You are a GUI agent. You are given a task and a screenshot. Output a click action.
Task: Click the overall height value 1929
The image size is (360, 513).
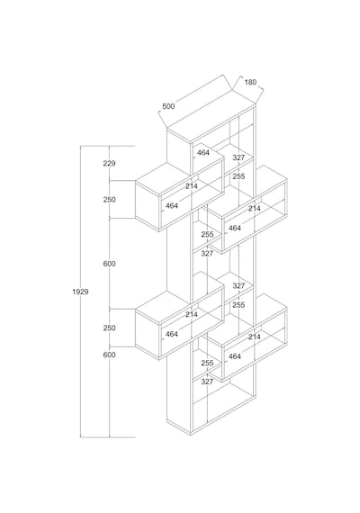tap(80, 292)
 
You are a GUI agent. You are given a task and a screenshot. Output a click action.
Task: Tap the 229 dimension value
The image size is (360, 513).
tap(109, 163)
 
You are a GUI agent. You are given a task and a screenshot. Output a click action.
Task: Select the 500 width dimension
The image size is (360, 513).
tap(168, 106)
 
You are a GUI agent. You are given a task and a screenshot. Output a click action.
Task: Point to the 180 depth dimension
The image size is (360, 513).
tap(250, 82)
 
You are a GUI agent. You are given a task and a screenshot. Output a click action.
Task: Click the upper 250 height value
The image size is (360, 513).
tap(109, 199)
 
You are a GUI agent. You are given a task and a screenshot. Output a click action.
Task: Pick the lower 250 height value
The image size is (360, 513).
tap(109, 328)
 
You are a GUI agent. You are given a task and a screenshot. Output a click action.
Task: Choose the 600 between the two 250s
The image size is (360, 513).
tap(109, 264)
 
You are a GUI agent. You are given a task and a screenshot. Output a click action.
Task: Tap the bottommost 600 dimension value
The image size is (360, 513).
tap(109, 355)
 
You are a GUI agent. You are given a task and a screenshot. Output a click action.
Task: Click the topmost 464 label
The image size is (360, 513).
tap(202, 152)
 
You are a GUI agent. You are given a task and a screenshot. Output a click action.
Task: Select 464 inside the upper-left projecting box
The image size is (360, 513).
tap(172, 205)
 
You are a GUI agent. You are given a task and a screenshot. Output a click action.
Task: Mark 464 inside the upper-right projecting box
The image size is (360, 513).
tap(235, 228)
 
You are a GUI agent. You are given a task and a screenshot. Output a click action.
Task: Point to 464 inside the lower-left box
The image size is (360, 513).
tap(172, 334)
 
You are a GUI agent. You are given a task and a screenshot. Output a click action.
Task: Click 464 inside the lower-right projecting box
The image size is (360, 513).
tap(235, 356)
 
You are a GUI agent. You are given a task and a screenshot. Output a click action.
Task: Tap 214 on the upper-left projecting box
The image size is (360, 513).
tap(192, 185)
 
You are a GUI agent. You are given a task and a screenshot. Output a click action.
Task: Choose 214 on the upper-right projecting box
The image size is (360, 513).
tap(255, 208)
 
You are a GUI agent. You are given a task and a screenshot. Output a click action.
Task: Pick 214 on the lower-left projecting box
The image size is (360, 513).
tap(192, 314)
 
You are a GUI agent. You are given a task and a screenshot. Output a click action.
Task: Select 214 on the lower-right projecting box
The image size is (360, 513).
tap(255, 337)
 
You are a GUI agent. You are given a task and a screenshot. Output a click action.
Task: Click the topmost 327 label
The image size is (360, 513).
tap(238, 157)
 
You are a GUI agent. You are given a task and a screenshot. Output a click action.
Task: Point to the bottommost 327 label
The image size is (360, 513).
tap(207, 382)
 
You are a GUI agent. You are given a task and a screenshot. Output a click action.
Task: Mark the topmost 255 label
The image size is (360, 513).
tap(238, 176)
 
